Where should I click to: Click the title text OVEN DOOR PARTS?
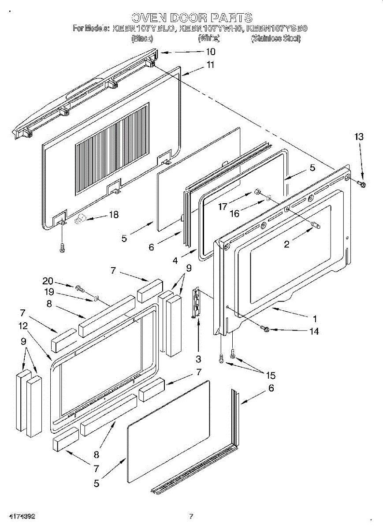click(192, 18)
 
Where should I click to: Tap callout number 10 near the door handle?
click(210, 52)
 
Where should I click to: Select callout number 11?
click(210, 65)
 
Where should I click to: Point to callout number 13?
click(359, 137)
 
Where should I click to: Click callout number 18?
click(114, 215)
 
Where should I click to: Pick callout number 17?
click(223, 206)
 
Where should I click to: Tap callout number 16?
click(234, 213)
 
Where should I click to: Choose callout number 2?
click(287, 244)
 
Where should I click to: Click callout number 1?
click(315, 318)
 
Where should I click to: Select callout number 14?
click(314, 332)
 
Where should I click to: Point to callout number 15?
click(270, 375)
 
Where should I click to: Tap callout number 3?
click(198, 359)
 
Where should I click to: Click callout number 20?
click(48, 281)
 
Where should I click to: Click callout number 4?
click(175, 261)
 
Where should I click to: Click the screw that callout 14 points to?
click(266, 329)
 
